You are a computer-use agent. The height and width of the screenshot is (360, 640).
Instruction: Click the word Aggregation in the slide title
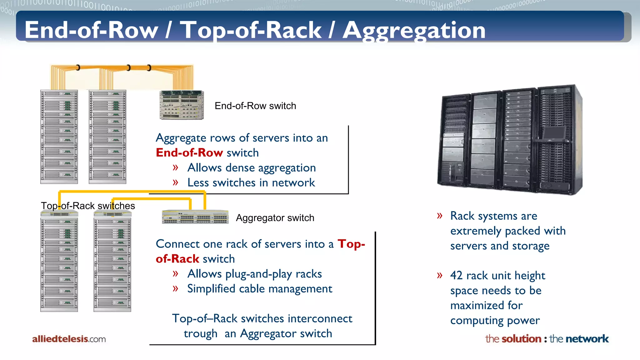coord(414,31)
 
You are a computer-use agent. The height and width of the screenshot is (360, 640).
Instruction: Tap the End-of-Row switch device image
coord(182,105)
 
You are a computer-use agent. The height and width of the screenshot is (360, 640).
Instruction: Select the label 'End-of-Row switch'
coord(255,106)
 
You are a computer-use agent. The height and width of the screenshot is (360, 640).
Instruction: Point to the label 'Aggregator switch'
coord(275,218)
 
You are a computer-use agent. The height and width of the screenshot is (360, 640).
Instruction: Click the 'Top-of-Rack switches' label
coord(88,206)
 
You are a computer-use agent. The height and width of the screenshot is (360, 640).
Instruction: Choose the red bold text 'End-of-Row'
coord(189,152)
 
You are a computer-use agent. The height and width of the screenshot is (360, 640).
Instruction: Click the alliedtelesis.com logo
coord(69,339)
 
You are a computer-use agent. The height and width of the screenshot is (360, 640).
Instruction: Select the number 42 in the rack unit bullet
coord(456,275)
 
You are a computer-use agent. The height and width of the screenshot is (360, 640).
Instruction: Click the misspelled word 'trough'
coord(200,333)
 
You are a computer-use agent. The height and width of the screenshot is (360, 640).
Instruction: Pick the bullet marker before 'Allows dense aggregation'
coord(175,167)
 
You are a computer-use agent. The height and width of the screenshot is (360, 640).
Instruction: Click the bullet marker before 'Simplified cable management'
coord(175,288)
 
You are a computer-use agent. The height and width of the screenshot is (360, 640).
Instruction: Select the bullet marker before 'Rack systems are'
coord(440,216)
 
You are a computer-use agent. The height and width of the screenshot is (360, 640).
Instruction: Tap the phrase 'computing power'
coord(495,320)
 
